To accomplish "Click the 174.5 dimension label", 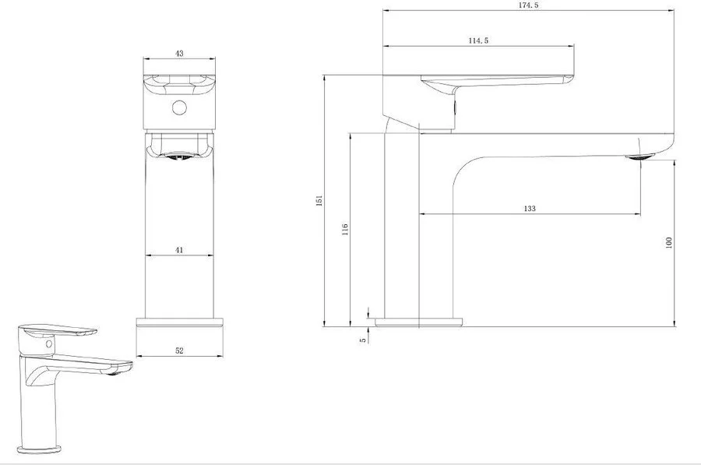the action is [x=528, y=5].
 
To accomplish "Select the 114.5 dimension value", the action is [x=478, y=41].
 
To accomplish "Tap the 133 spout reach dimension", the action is [x=530, y=209].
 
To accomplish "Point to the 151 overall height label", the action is [x=319, y=200].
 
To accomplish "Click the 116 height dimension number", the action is [x=345, y=229].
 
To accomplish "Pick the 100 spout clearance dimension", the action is [x=669, y=243].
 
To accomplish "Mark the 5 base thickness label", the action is [x=363, y=340].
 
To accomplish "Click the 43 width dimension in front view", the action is [x=179, y=53].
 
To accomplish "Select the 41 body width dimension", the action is [x=179, y=250].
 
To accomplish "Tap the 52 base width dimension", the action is [x=179, y=351].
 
